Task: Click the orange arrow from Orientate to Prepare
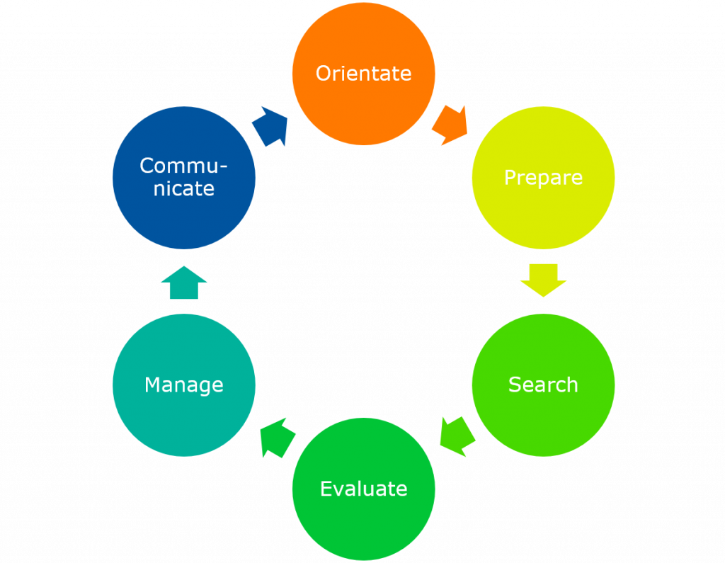[x=451, y=125]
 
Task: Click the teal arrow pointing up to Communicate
[x=184, y=283]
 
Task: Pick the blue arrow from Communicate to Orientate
[x=271, y=126]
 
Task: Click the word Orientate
[x=363, y=74]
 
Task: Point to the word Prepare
[x=543, y=178]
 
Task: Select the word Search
[x=543, y=385]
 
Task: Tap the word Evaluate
[x=363, y=489]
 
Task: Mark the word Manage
[x=184, y=385]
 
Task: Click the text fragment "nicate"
[x=184, y=189]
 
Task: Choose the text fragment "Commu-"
[x=184, y=166]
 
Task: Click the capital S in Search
[x=515, y=385]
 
